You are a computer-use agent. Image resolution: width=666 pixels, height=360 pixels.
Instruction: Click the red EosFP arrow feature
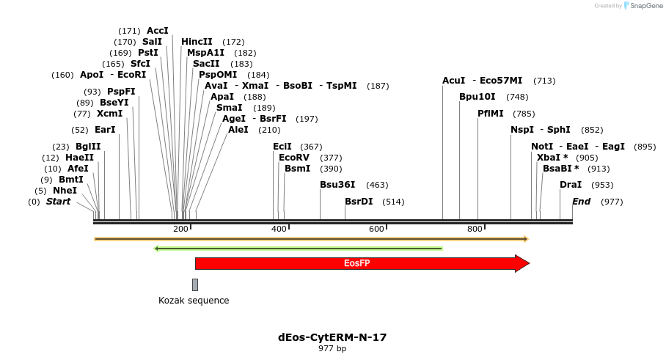[x=359, y=263]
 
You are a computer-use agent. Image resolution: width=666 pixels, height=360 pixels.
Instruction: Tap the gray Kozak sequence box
[x=195, y=284]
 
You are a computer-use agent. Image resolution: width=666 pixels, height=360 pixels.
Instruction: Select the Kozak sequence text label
[x=194, y=301]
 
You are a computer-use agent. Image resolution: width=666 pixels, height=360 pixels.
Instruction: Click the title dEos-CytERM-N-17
[x=332, y=337]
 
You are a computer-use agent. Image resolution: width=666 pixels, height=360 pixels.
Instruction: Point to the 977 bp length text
[x=332, y=349]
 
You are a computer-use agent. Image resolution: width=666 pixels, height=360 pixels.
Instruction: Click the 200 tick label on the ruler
[x=180, y=229]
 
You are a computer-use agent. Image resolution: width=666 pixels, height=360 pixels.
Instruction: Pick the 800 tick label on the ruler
[x=475, y=229]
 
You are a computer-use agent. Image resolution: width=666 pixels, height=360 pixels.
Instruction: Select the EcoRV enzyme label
[x=294, y=158]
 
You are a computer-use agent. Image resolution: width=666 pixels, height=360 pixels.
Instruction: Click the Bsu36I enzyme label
[x=337, y=185]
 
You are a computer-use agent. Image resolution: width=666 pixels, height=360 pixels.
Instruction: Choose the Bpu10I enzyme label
[x=477, y=97]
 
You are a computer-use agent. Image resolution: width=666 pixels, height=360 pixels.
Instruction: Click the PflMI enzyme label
[x=491, y=114]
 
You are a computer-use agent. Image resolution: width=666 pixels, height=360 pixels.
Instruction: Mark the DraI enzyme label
[x=571, y=185]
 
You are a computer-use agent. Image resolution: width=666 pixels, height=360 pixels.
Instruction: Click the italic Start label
[x=59, y=202]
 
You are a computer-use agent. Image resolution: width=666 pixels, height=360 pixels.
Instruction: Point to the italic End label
[x=581, y=202]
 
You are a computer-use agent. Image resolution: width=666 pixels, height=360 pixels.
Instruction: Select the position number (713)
[x=544, y=81]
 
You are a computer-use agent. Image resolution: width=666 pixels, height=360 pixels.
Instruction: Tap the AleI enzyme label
[x=238, y=130]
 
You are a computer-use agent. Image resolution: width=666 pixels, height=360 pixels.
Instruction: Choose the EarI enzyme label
[x=105, y=130]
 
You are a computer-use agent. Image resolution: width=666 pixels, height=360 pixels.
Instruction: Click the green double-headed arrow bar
[x=298, y=249]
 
